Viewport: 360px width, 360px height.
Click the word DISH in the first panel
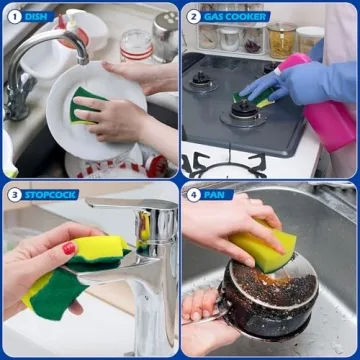[x=36, y=16]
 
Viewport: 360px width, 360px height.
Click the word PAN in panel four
[x=214, y=194]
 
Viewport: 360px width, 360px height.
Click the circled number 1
[x=12, y=16]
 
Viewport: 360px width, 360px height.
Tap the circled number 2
[x=193, y=16]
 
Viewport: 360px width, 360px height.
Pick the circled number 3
[x=12, y=194]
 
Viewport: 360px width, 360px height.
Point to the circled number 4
[x=193, y=194]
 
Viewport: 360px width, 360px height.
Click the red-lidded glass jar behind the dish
[x=134, y=45]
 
